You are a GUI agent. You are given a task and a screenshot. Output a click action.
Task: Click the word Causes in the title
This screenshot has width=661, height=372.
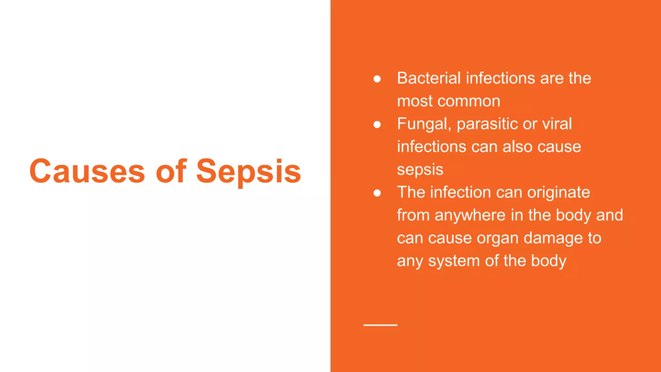[x=87, y=171]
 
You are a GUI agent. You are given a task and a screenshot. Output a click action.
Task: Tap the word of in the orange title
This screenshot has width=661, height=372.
[x=171, y=171]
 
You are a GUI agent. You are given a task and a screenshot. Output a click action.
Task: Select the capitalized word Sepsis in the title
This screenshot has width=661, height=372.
[x=249, y=171]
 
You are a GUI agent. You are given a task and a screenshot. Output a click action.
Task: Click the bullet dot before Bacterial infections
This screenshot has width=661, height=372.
[x=377, y=79]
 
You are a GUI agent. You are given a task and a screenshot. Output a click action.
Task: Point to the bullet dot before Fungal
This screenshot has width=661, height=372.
[x=377, y=125]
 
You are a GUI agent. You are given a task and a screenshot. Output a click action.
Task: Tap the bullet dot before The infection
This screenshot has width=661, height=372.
[x=377, y=193]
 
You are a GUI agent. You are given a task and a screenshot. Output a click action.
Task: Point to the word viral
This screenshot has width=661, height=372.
[x=557, y=124]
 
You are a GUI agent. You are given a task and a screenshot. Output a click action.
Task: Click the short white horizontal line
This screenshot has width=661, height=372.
[x=380, y=325]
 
